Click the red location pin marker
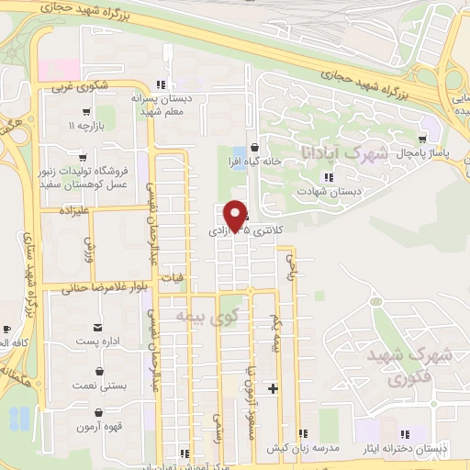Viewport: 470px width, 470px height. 236,216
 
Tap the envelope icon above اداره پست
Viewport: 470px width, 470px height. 96,328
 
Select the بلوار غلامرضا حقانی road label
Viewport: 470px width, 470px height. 105,287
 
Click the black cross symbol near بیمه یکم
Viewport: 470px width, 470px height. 271,389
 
